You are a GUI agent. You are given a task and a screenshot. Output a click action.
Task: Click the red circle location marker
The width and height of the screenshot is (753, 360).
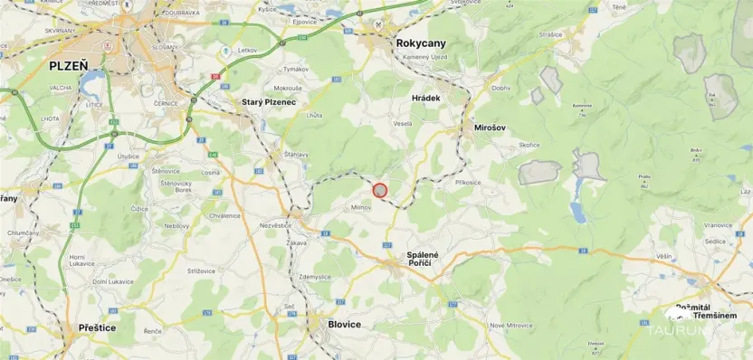coord(380,190)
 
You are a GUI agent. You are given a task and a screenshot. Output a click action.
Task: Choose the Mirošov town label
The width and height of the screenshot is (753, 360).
coord(494,128)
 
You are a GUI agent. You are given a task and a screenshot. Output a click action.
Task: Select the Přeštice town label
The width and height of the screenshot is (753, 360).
coord(97,327)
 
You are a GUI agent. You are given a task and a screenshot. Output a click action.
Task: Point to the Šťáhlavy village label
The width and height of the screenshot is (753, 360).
coord(295,154)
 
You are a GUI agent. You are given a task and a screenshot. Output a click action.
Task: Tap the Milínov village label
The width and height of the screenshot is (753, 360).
coord(363,206)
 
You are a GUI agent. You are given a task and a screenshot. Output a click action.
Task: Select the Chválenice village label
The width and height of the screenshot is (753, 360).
coord(224,215)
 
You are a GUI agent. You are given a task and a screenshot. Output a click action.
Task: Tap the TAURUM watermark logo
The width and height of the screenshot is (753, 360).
coord(688,329)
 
